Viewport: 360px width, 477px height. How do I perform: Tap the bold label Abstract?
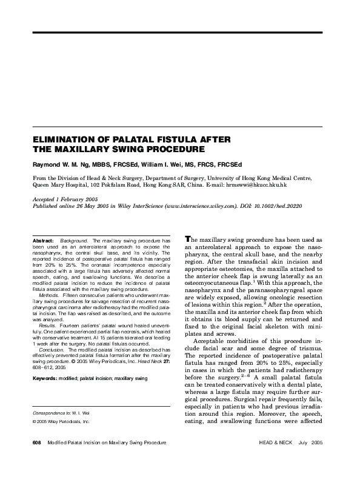click(x=45, y=241)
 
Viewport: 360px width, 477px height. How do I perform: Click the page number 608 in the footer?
click(x=36, y=461)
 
